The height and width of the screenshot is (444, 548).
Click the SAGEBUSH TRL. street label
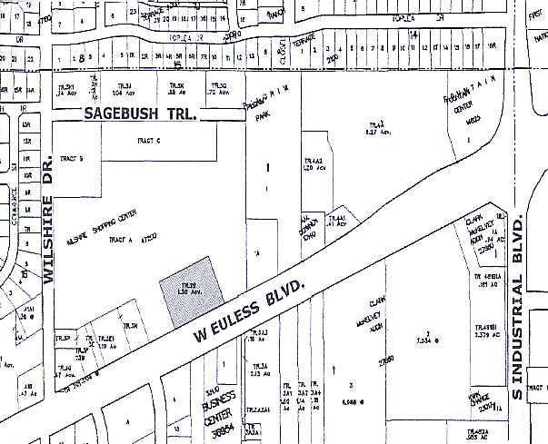point(141,115)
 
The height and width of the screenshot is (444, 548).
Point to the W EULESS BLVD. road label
point(249,311)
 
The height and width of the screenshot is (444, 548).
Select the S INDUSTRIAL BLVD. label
point(519,306)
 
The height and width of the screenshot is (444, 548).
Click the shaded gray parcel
point(191,290)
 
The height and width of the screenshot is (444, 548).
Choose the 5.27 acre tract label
point(377,130)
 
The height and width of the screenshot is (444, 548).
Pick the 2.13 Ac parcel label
point(256,372)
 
